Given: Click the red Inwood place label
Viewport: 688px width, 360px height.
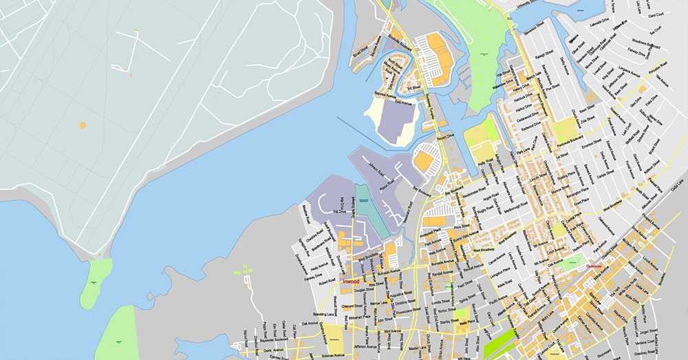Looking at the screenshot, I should pyautogui.click(x=351, y=281).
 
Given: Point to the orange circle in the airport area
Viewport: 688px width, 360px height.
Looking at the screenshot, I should pyautogui.click(x=83, y=125).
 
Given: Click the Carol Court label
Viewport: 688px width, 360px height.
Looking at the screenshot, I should pyautogui.click(x=654, y=14).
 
